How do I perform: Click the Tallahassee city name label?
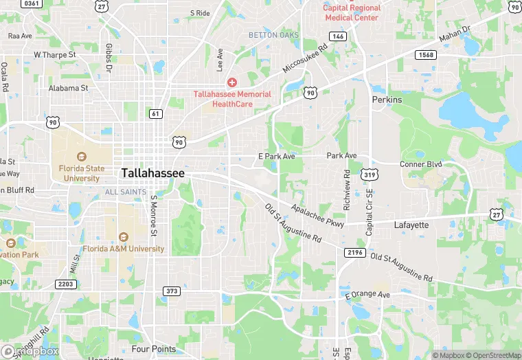pos(152,173)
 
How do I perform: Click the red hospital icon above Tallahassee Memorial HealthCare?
pos(231,82)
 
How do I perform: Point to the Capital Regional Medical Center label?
pos(352,13)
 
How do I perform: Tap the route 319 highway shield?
pos(370,175)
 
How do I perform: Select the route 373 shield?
pos(172,291)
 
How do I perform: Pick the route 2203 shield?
pos(65,283)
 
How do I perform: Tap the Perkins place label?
pos(386,100)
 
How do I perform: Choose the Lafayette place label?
pos(411,225)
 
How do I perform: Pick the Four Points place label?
pos(153,349)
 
